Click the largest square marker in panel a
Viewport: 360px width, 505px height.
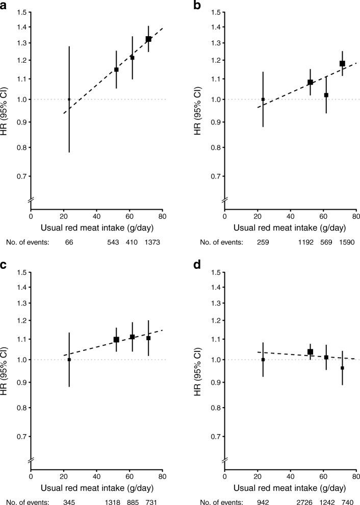click(x=148, y=39)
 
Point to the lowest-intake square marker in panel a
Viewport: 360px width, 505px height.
click(x=69, y=99)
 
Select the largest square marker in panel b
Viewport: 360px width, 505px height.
click(x=342, y=64)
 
